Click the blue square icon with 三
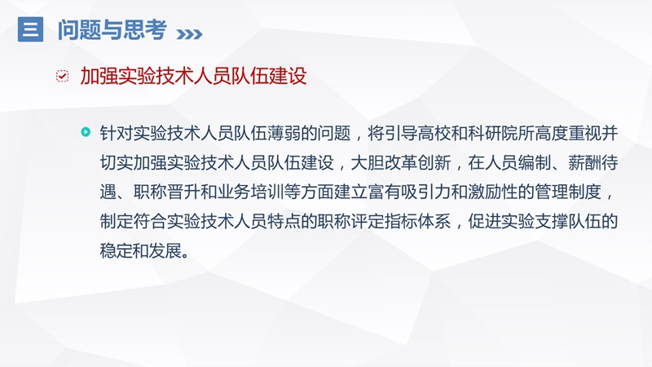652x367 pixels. pyautogui.click(x=30, y=29)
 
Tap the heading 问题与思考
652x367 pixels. pyautogui.click(x=112, y=30)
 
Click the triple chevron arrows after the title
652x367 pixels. pyautogui.click(x=189, y=34)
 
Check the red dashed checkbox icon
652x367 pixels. pyautogui.click(x=63, y=76)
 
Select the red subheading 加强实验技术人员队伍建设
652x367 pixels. pyautogui.click(x=193, y=76)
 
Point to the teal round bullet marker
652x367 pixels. pyautogui.click(x=86, y=132)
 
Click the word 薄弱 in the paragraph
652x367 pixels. pyautogui.click(x=284, y=133)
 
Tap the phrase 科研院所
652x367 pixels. pyautogui.click(x=501, y=133)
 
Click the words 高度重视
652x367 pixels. pyautogui.click(x=568, y=133)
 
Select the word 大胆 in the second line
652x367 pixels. pyautogui.click(x=368, y=162)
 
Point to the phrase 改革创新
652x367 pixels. pyautogui.click(x=418, y=162)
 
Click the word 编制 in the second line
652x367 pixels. pyautogui.click(x=535, y=162)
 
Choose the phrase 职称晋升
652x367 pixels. pyautogui.click(x=167, y=192)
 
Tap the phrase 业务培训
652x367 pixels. pyautogui.click(x=250, y=192)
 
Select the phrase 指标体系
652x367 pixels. pyautogui.click(x=418, y=221)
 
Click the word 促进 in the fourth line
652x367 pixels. pyautogui.click(x=485, y=221)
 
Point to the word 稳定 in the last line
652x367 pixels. pyautogui.click(x=117, y=251)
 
